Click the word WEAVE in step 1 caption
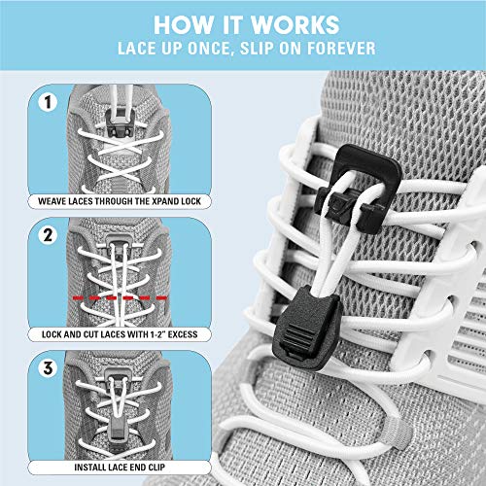(57, 201)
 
